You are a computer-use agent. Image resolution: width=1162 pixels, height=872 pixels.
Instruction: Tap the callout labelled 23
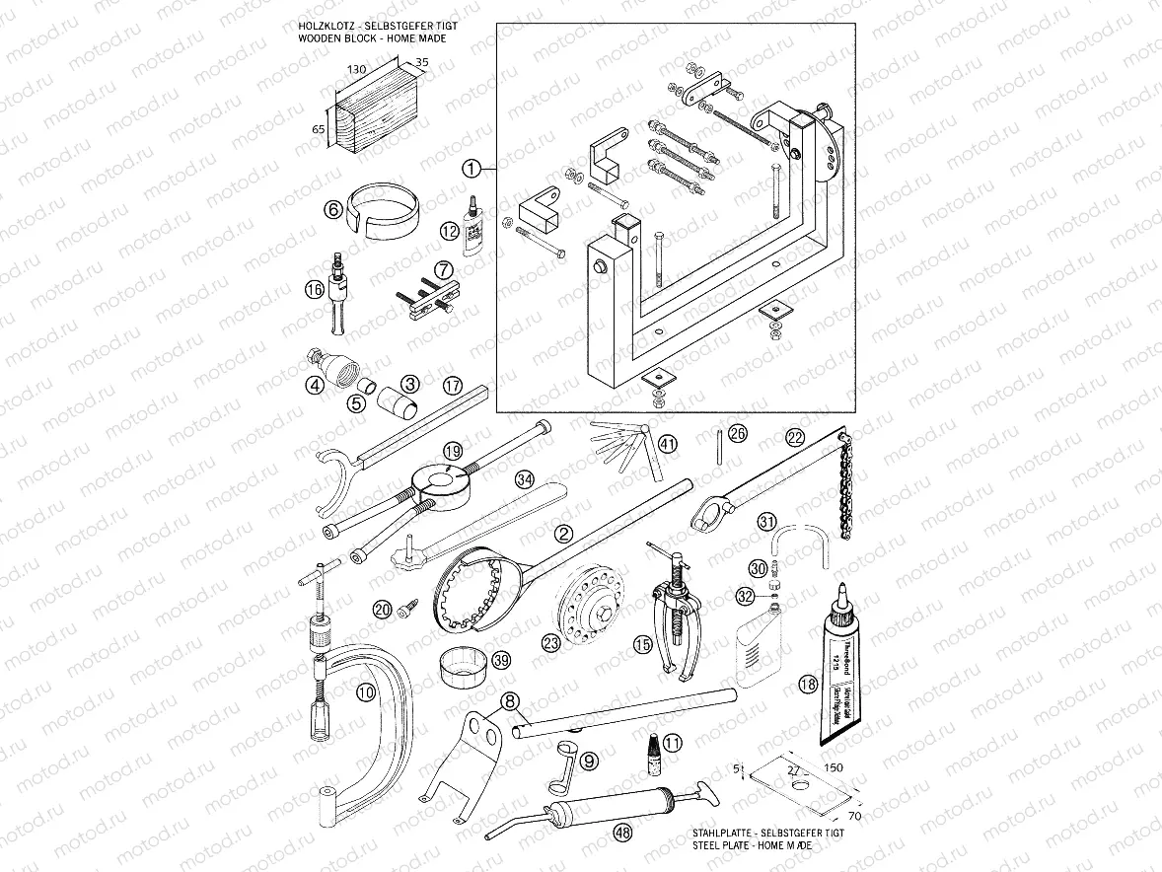tap(550, 642)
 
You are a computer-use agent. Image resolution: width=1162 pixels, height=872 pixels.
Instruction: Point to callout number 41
tap(668, 444)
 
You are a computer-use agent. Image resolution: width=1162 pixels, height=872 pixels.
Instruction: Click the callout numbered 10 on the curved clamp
tap(366, 693)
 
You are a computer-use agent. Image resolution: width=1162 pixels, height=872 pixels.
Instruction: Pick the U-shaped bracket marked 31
tap(799, 545)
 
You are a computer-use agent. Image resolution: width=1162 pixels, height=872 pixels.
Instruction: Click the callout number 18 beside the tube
tap(809, 684)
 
